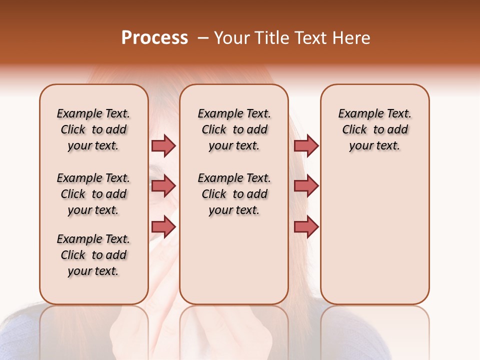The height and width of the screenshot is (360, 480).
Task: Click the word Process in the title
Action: pyautogui.click(x=154, y=38)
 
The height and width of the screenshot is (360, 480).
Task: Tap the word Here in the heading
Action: pyautogui.click(x=352, y=38)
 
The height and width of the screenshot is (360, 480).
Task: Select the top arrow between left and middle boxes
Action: pyautogui.click(x=163, y=145)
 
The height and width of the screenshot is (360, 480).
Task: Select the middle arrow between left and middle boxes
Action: pyautogui.click(x=163, y=186)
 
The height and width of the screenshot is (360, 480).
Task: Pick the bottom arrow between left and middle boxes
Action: pyautogui.click(x=163, y=227)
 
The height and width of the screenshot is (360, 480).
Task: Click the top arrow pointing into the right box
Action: pyautogui.click(x=306, y=145)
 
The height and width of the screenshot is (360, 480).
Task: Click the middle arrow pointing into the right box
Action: pyautogui.click(x=306, y=186)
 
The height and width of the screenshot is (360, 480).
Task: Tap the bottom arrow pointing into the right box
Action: pyautogui.click(x=306, y=227)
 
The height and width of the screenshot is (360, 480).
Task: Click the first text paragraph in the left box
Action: pyautogui.click(x=93, y=129)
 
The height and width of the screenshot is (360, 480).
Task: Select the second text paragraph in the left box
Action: pyautogui.click(x=93, y=194)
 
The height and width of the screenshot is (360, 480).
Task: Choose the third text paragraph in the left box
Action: pyautogui.click(x=93, y=255)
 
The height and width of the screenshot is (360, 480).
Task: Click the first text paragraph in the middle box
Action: pyautogui.click(x=234, y=129)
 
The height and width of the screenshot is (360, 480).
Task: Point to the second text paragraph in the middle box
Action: pyautogui.click(x=234, y=194)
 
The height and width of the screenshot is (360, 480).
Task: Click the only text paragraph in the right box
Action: pyautogui.click(x=374, y=129)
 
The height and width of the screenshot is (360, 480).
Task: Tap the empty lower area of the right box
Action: pyautogui.click(x=374, y=240)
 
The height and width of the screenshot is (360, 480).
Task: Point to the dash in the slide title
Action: pyautogui.click(x=202, y=38)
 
